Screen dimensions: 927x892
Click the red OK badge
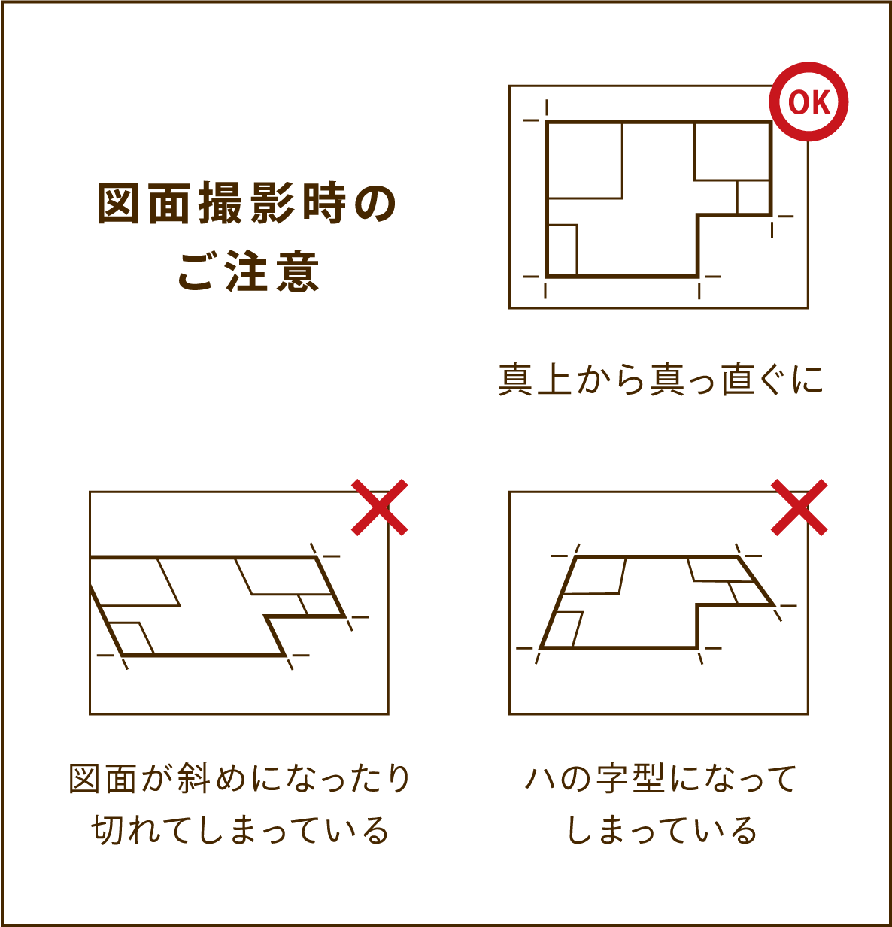coord(809,101)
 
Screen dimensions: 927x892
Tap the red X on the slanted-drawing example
coord(380,507)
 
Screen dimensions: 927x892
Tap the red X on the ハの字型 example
coord(799,507)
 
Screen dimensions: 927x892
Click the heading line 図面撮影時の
coord(247,204)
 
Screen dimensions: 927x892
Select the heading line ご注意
coord(249,271)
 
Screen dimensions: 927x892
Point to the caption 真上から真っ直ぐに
coord(660,379)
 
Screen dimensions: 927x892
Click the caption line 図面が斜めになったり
coord(239,779)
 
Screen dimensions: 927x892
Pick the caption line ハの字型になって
coord(660,779)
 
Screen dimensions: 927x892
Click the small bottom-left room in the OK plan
coord(563,250)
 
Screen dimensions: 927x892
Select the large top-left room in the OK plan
coord(585,160)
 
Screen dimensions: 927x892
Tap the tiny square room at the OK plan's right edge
coord(753,198)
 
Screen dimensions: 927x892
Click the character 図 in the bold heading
coord(118,204)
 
